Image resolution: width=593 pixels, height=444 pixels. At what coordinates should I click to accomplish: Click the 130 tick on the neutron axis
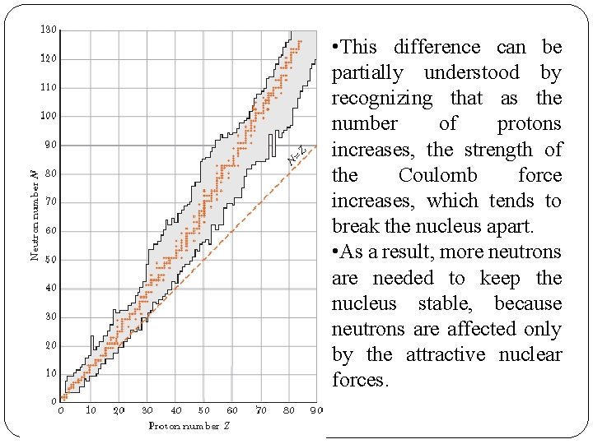coord(49,30)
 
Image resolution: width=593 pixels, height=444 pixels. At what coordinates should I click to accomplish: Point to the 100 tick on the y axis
coord(49,116)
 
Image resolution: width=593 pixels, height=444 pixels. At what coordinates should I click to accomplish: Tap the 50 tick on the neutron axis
coord(51,260)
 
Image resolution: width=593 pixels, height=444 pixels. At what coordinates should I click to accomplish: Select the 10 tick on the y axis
coord(51,373)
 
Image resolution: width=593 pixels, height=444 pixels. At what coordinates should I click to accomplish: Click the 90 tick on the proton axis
coord(316,410)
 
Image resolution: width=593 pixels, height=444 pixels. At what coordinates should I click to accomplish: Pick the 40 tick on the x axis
coord(175,410)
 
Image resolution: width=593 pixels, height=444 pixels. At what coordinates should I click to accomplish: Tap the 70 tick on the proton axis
coord(260,410)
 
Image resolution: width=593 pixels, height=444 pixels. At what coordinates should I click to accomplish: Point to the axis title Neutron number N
coord(35,215)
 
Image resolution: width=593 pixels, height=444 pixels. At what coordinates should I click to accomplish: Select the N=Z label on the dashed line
coord(297,154)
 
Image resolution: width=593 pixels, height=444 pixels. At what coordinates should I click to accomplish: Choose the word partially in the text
coord(367,73)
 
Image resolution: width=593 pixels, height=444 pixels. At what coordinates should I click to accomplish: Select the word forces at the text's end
coord(359,380)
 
